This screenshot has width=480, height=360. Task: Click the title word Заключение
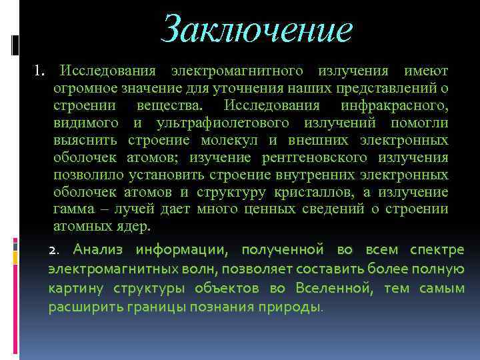(x=257, y=29)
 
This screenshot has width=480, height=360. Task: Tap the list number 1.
(x=39, y=70)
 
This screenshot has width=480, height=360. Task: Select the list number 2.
(x=55, y=251)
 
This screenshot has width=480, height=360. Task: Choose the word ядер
(x=135, y=227)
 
